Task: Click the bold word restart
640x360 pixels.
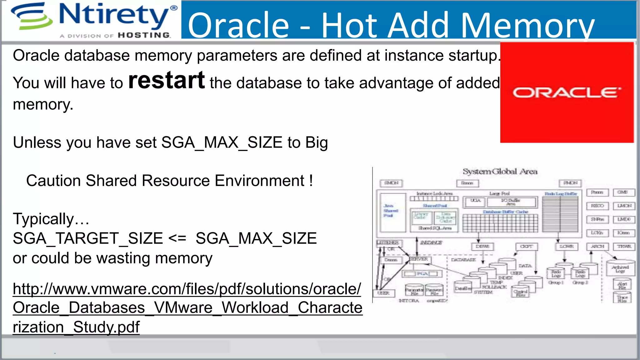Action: point(167,81)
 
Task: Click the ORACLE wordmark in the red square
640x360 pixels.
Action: point(567,93)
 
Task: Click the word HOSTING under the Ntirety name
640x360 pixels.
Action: point(144,35)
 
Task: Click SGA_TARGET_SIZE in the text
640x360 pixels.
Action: point(88,238)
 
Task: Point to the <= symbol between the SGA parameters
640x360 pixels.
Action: point(177,238)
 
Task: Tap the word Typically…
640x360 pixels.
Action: point(51,219)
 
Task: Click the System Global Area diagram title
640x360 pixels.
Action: point(500,172)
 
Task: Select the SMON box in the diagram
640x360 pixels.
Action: point(391,183)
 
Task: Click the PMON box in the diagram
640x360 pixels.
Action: point(570,183)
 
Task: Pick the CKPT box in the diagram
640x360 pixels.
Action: point(526,247)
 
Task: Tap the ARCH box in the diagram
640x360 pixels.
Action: point(597,247)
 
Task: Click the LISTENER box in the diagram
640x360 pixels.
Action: point(388,243)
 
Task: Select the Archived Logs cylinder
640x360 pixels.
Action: point(620,268)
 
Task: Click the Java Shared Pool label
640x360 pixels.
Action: point(390,211)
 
